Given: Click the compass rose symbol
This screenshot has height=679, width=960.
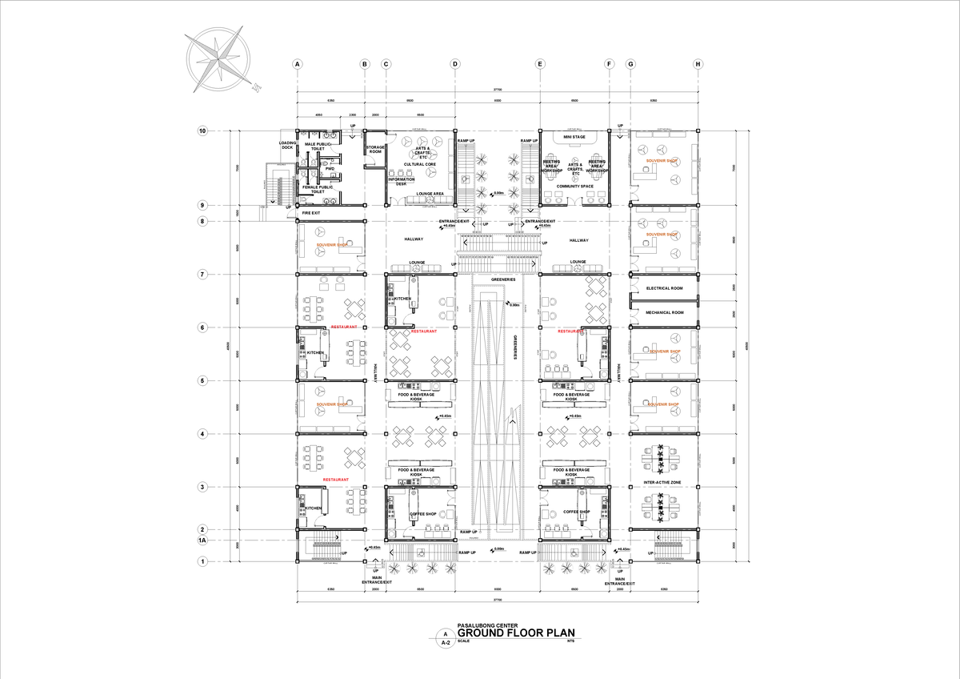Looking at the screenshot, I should click(x=217, y=61).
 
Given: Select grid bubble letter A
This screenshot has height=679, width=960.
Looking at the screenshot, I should click(x=297, y=63).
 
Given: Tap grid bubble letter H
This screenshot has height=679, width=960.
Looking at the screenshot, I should click(x=698, y=63).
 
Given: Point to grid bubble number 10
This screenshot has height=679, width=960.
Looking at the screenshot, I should click(x=202, y=131).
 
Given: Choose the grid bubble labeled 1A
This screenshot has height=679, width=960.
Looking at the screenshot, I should click(x=202, y=540).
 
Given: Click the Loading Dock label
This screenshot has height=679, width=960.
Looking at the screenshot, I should click(x=287, y=146).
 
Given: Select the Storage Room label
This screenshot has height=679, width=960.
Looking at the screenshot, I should click(x=375, y=149).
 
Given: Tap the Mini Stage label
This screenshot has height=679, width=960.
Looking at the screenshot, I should click(x=574, y=137).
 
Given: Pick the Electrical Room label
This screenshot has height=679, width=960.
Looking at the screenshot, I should click(x=664, y=288).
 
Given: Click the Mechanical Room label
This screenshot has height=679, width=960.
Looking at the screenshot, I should click(x=664, y=312).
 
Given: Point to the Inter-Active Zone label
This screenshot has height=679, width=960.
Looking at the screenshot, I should click(x=663, y=483).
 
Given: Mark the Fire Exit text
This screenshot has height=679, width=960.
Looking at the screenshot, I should click(x=310, y=213).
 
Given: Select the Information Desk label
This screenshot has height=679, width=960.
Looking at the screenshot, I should click(x=401, y=181).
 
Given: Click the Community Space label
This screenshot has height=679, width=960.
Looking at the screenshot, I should click(x=574, y=187).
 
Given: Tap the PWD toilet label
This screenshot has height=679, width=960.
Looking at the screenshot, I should click(x=329, y=169).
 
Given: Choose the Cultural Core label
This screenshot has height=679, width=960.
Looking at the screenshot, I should click(x=419, y=164).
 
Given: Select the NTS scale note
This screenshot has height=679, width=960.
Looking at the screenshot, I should click(x=570, y=641).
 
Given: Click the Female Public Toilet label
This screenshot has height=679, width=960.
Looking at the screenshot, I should click(x=318, y=189).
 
